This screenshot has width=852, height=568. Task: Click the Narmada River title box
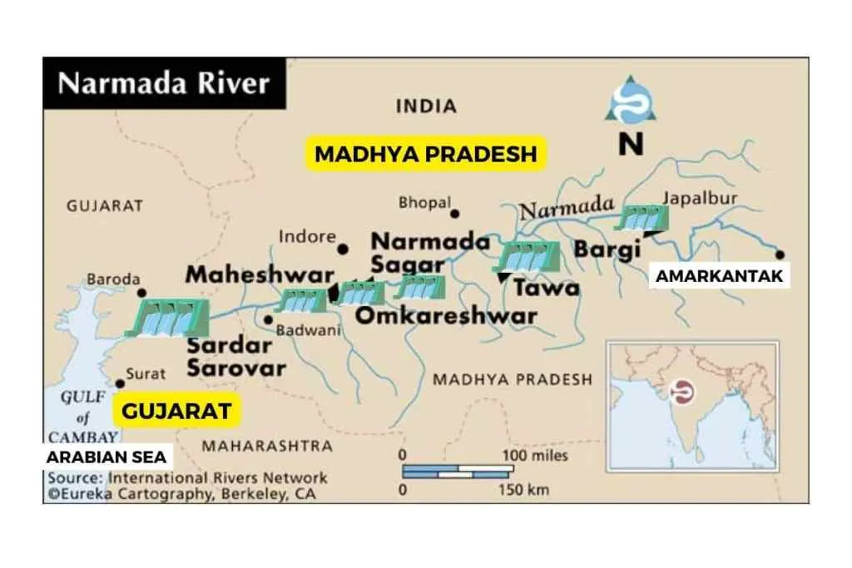coord(164,84)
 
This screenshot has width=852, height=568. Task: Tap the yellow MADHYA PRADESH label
coord(426,155)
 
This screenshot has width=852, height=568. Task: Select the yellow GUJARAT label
coord(176,411)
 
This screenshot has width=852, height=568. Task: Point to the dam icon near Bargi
coord(641,219)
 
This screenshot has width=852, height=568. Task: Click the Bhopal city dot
coord(455,214)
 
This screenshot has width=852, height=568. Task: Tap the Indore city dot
coord(342,249)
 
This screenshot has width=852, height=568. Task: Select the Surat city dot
coord(120,383)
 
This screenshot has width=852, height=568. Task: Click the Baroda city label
coord(114,279)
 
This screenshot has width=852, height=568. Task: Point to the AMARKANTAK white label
coord(720,277)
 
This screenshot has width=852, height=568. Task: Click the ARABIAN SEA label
coord(106,457)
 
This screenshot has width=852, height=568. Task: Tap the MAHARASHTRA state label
coord(266,446)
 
